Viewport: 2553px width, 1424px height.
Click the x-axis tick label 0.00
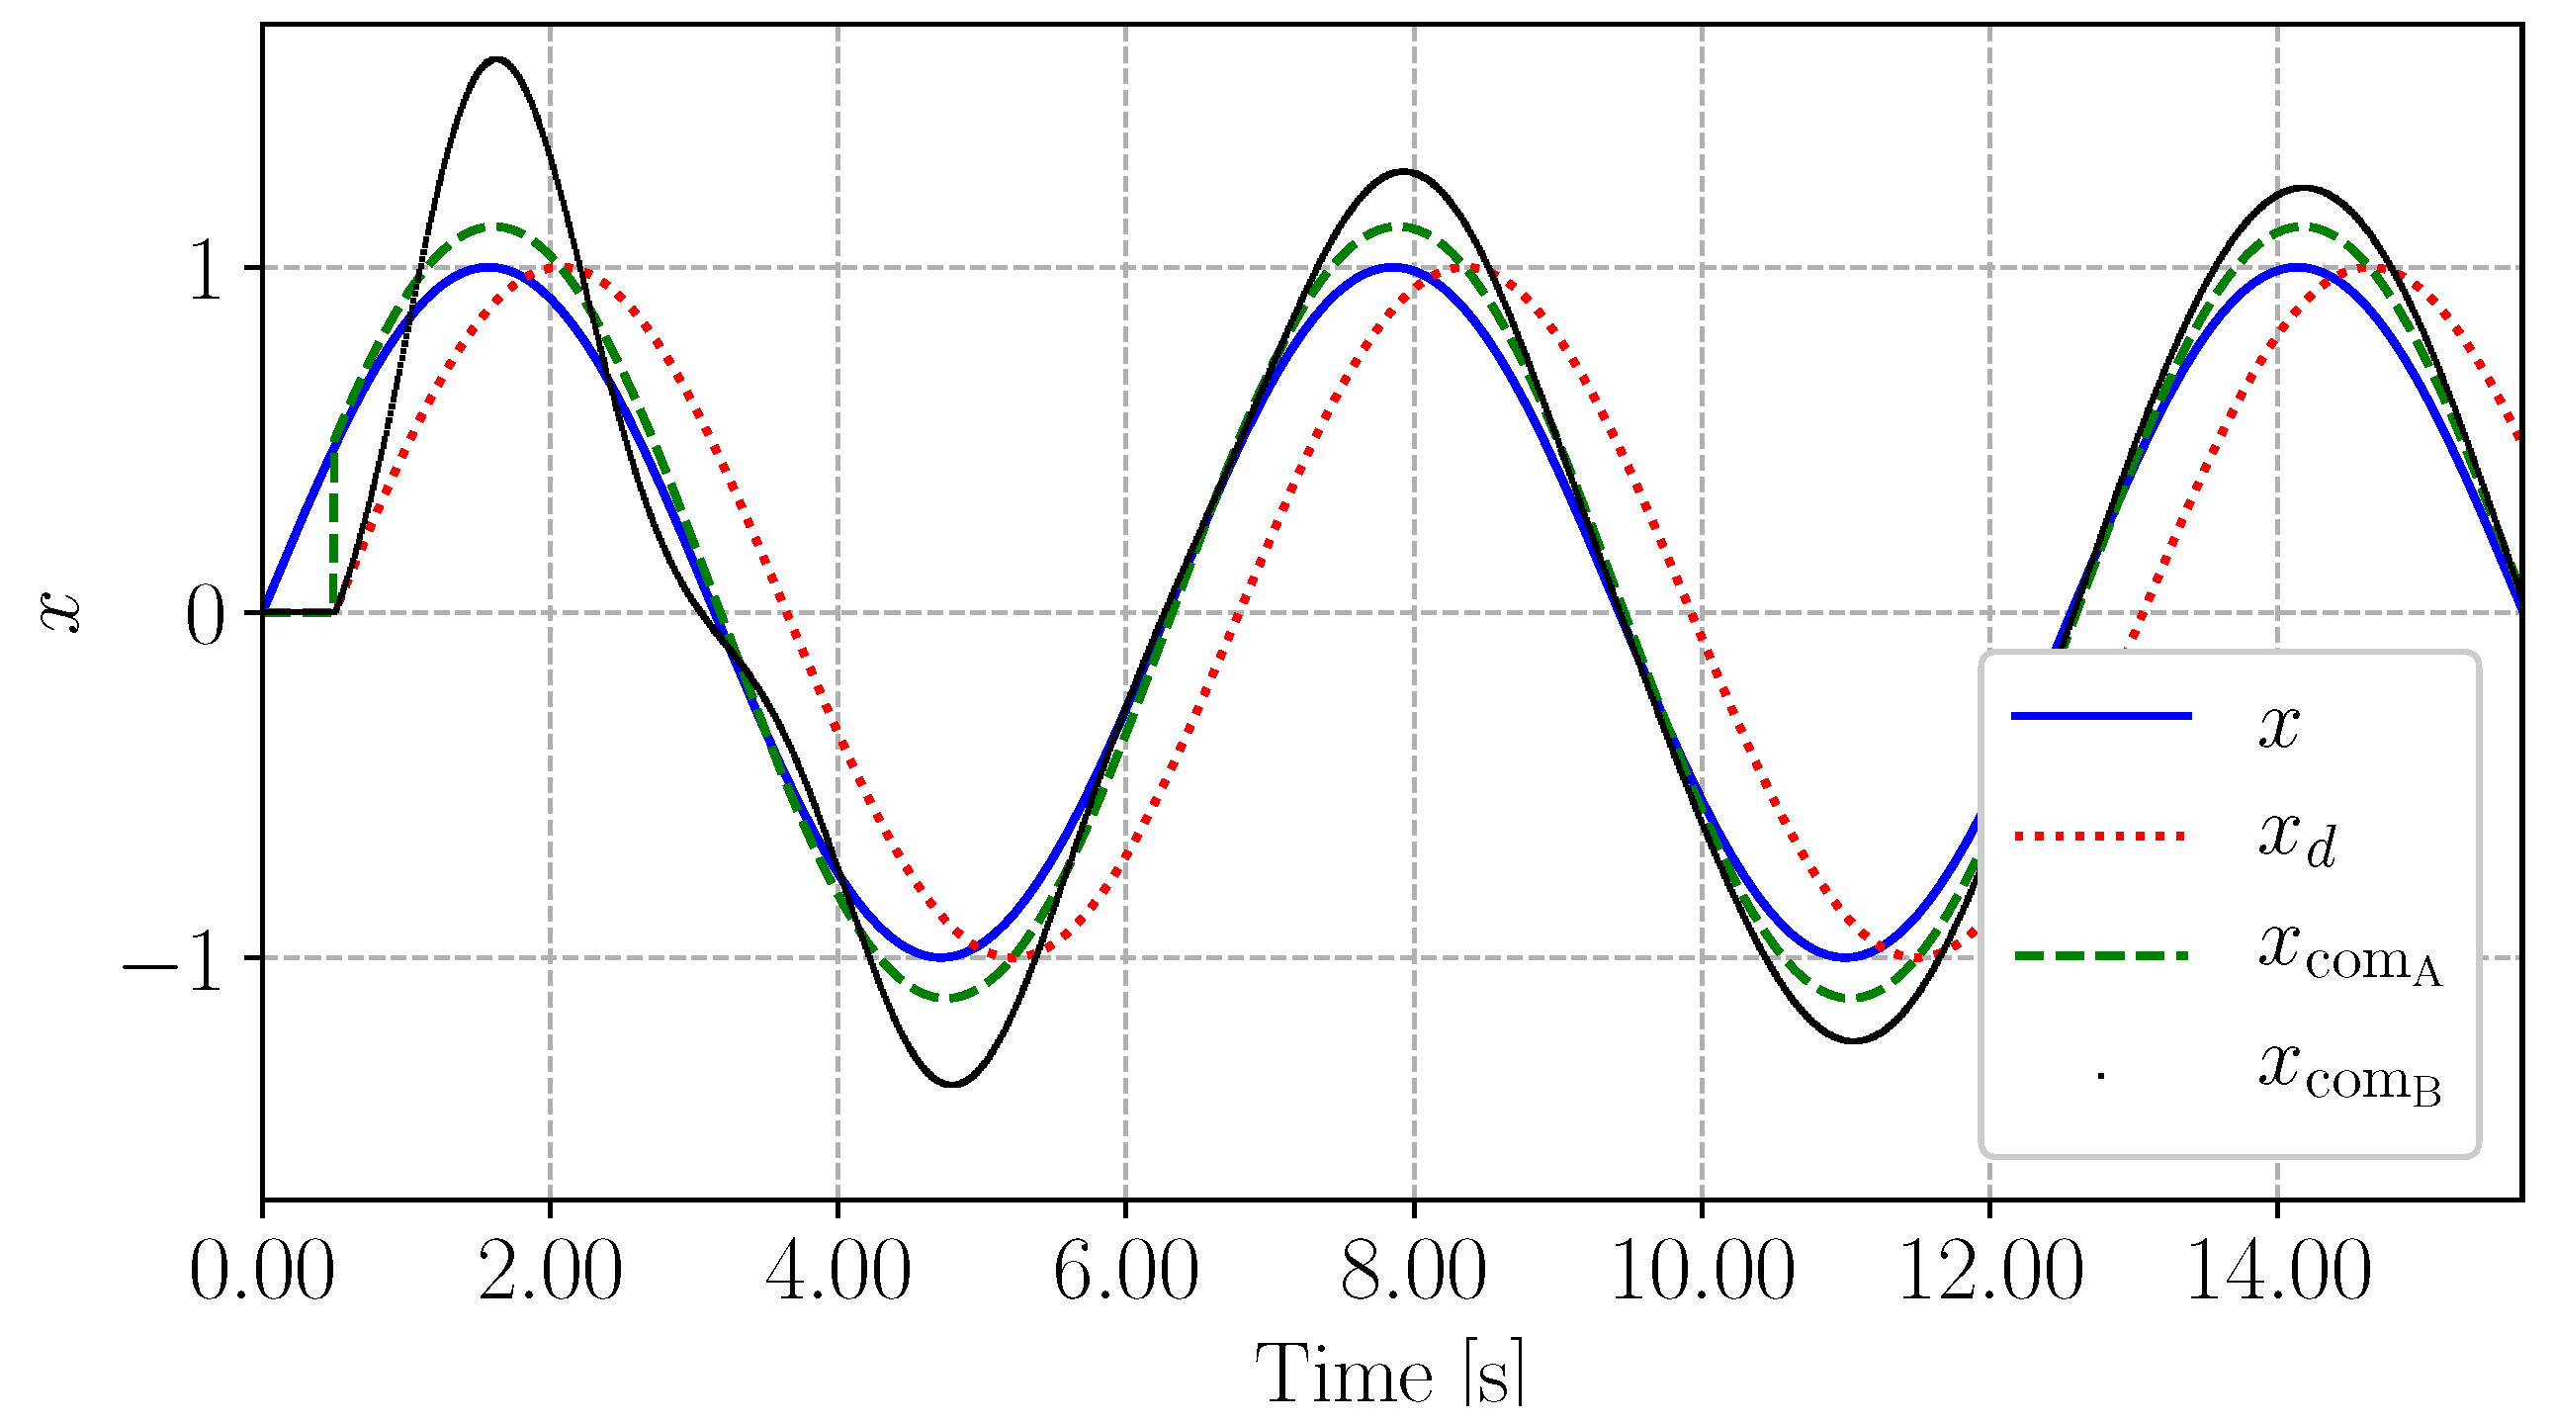point(262,1272)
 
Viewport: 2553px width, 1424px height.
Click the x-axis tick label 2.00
point(550,1272)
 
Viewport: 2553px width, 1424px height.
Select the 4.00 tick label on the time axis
point(837,1272)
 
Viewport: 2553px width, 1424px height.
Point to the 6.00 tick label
point(1126,1272)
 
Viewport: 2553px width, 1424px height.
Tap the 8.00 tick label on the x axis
point(1413,1272)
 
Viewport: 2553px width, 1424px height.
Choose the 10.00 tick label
point(1702,1272)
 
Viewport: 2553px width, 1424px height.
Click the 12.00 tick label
point(1989,1272)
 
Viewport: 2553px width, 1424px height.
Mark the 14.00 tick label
point(2277,1272)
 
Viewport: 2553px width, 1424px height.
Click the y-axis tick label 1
point(206,270)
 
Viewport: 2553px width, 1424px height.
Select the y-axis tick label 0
point(206,614)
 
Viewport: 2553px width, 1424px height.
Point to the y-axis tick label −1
point(174,959)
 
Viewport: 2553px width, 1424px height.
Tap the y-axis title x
point(59,611)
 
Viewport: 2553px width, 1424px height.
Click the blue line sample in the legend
point(2101,716)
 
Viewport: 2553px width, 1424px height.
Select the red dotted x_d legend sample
point(2101,837)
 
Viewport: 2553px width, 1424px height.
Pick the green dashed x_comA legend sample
point(2101,956)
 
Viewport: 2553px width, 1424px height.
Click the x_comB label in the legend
point(2349,1075)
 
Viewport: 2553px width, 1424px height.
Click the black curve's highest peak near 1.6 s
point(496,59)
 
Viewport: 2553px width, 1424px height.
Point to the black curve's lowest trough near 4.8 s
point(951,1084)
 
